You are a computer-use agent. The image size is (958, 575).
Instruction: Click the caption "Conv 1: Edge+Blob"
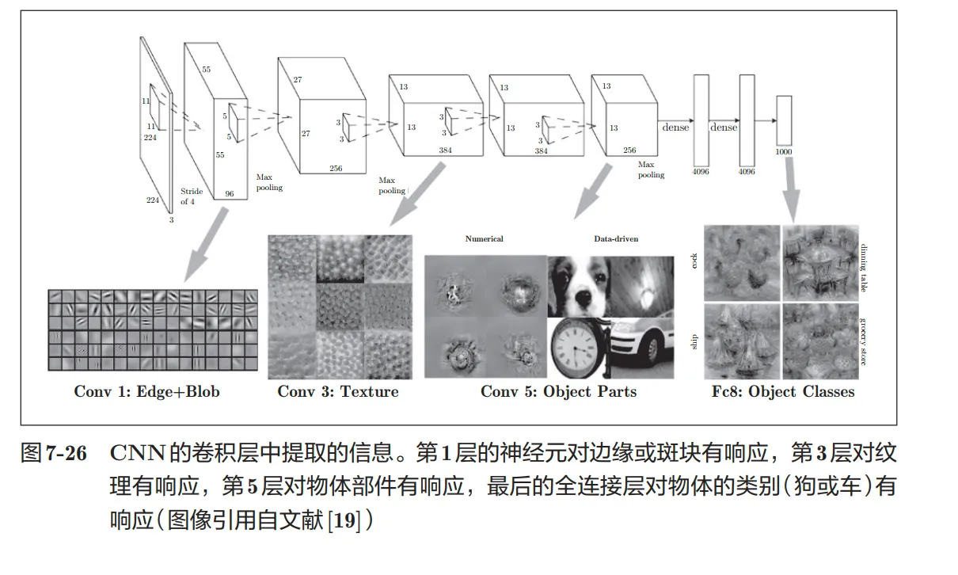146,391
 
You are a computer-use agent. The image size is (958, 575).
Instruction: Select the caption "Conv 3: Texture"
338,391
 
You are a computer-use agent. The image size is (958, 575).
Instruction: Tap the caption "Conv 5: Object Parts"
558,391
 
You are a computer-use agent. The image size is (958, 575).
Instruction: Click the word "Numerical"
484,238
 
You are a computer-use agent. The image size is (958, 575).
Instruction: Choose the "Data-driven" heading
616,238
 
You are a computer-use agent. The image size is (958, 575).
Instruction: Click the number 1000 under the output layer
785,151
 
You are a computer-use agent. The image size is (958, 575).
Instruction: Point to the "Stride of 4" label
192,196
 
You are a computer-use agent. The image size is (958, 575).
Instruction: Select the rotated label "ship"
695,343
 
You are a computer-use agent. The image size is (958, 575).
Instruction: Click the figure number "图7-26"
52,454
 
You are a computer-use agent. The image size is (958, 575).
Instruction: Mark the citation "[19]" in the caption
345,520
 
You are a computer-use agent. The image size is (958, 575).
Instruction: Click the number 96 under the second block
230,192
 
